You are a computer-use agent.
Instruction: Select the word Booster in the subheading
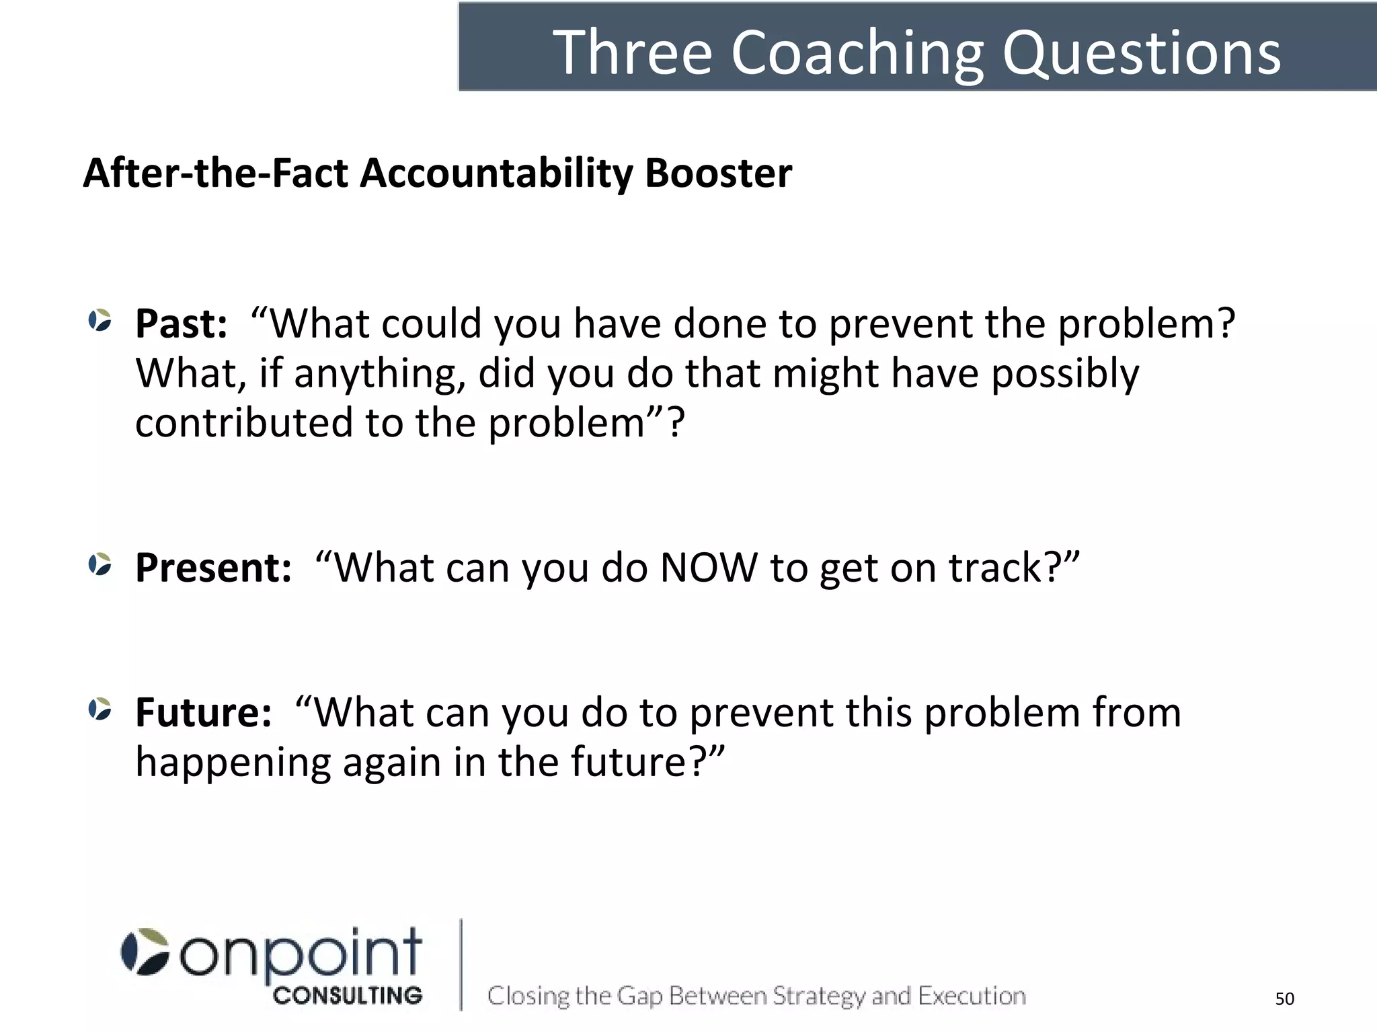tap(718, 174)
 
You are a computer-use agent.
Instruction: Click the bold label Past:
tap(181, 324)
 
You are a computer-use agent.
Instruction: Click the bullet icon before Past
tap(100, 320)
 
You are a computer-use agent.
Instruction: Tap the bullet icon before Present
tap(100, 564)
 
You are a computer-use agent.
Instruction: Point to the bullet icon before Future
tap(100, 709)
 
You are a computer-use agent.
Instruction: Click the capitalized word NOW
tap(708, 568)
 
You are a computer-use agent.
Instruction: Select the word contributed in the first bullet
tap(243, 424)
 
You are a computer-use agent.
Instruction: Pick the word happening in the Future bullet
tap(233, 763)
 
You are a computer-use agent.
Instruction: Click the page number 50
tap(1284, 999)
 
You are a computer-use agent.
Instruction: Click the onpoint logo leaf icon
tap(145, 952)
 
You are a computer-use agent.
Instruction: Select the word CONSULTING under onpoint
tap(348, 995)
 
